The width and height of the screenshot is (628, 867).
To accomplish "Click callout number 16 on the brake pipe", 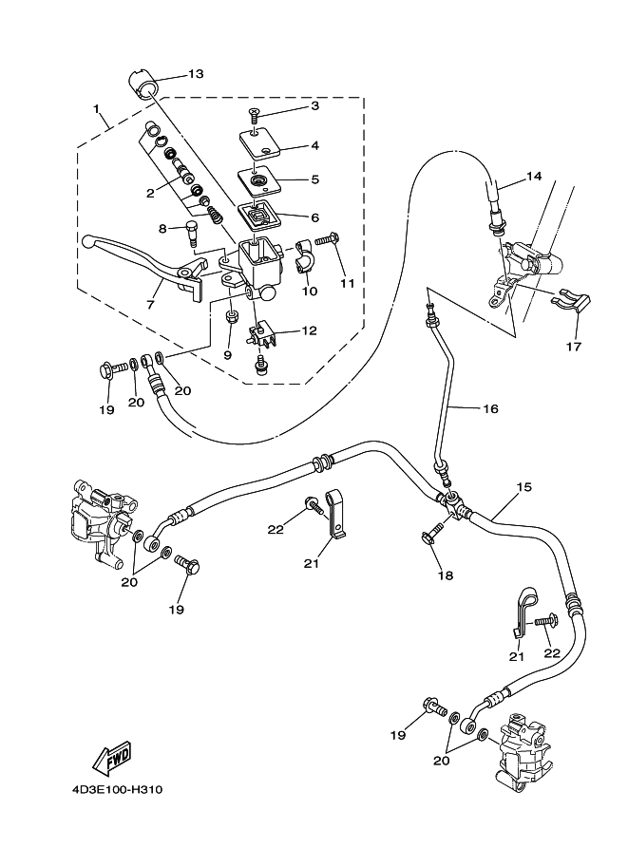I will click(489, 409).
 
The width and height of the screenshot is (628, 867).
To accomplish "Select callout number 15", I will click(523, 488).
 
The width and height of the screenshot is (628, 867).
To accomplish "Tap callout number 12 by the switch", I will click(309, 330).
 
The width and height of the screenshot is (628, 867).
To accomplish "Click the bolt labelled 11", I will click(326, 241).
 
